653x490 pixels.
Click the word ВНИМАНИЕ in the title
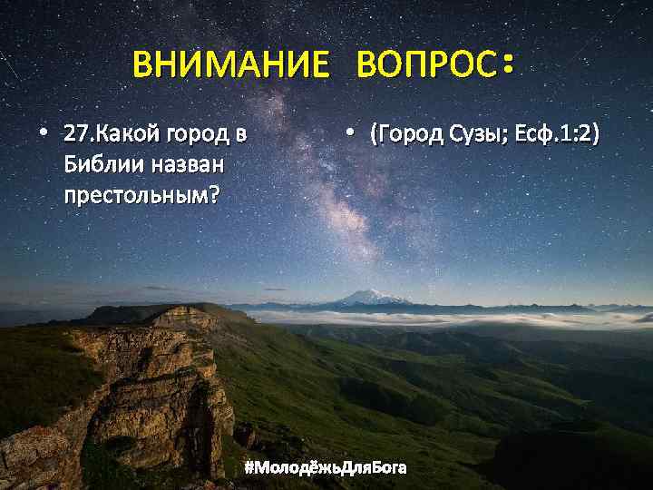[x=230, y=65]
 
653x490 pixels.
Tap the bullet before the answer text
[x=349, y=136]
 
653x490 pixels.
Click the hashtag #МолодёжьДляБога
[x=326, y=467]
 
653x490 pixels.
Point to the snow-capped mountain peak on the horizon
[x=371, y=296]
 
